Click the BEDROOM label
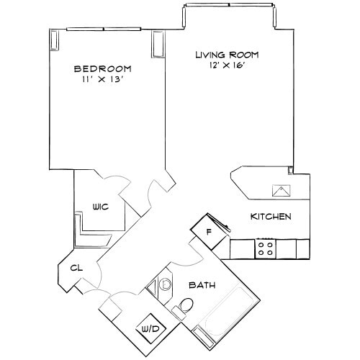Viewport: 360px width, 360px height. pyautogui.click(x=103, y=69)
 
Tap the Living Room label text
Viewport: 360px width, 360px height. pyautogui.click(x=227, y=55)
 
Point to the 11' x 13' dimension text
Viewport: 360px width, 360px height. pyautogui.click(x=103, y=79)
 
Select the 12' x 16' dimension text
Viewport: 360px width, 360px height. pyautogui.click(x=227, y=65)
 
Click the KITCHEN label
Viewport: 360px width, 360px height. pyautogui.click(x=271, y=217)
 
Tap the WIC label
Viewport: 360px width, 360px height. pyautogui.click(x=101, y=207)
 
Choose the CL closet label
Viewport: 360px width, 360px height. pyautogui.click(x=76, y=268)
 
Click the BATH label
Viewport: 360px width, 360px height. pyautogui.click(x=202, y=285)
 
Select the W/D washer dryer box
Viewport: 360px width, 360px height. pyautogui.click(x=151, y=328)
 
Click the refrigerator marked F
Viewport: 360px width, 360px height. pyautogui.click(x=208, y=232)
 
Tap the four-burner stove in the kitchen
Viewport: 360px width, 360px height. pyautogui.click(x=265, y=248)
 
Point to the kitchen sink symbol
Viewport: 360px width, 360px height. pyautogui.click(x=281, y=191)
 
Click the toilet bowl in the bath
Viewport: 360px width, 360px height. pyautogui.click(x=186, y=305)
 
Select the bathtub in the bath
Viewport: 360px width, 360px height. pyautogui.click(x=228, y=312)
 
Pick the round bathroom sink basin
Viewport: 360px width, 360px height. pyautogui.click(x=165, y=284)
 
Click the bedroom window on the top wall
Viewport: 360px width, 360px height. pyautogui.click(x=104, y=29)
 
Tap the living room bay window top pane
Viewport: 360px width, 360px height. pyautogui.click(x=229, y=5)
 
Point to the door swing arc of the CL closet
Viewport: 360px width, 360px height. pyautogui.click(x=99, y=274)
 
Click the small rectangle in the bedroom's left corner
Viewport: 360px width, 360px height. pyautogui.click(x=55, y=40)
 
